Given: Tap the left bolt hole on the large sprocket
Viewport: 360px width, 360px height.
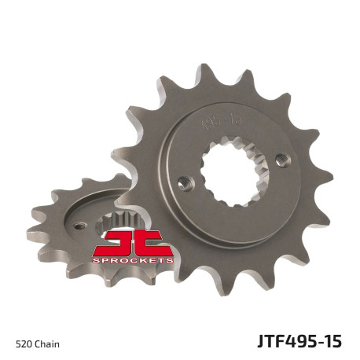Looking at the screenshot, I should [186, 182].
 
